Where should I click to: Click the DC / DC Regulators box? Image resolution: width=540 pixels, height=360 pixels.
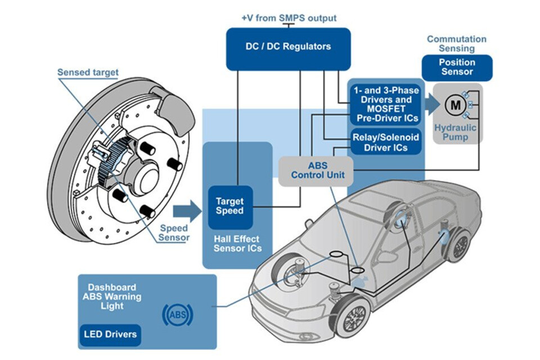pyautogui.click(x=288, y=49)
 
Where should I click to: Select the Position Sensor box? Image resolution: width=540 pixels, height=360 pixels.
pyautogui.click(x=457, y=67)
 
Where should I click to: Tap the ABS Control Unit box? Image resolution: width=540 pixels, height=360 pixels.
pyautogui.click(x=316, y=171)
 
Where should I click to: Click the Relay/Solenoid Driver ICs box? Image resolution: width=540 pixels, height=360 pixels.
pyautogui.click(x=386, y=142)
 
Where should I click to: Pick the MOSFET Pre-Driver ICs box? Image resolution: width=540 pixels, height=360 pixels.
pyautogui.click(x=386, y=105)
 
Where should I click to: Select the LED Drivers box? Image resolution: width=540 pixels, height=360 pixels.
pyautogui.click(x=110, y=335)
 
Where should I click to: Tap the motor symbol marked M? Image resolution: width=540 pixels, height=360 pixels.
pyautogui.click(x=456, y=105)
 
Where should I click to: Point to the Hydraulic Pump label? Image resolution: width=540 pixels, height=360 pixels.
pyautogui.click(x=455, y=132)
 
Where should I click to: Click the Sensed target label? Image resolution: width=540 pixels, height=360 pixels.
pyautogui.click(x=88, y=73)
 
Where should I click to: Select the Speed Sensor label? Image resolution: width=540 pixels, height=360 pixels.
pyautogui.click(x=174, y=233)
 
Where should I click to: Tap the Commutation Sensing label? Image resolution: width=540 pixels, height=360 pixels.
pyautogui.click(x=457, y=44)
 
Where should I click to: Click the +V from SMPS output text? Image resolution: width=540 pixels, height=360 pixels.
pyautogui.click(x=289, y=18)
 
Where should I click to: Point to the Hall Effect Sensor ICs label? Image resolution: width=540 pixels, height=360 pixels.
pyautogui.click(x=237, y=244)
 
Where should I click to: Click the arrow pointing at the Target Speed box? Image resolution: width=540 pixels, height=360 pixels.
pyautogui.click(x=187, y=211)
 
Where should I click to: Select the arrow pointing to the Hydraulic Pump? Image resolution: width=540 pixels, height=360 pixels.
pyautogui.click(x=433, y=105)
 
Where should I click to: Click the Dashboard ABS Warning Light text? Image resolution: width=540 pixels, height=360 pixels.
pyautogui.click(x=112, y=296)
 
